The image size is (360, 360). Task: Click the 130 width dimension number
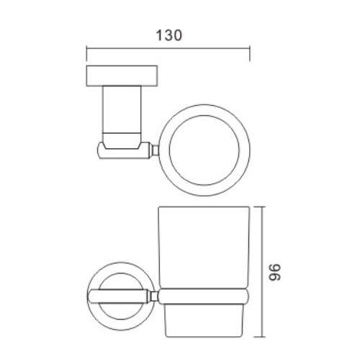[x=168, y=35]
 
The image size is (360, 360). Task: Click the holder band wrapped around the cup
[x=205, y=295]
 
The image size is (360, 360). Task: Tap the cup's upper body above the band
[x=205, y=248]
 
